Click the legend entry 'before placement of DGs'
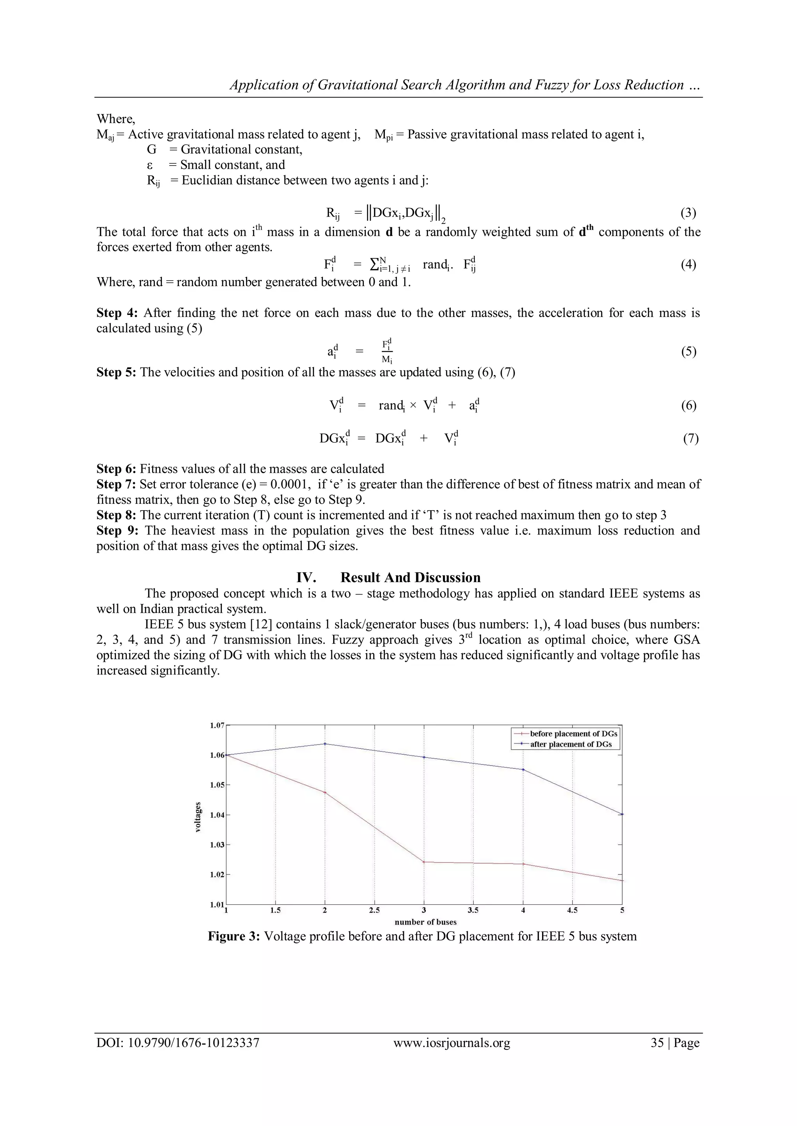[x=573, y=734]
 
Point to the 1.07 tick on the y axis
[x=217, y=725]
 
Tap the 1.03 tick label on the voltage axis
[x=217, y=845]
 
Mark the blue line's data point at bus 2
[x=325, y=744]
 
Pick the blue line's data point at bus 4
[x=523, y=769]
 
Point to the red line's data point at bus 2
[x=325, y=792]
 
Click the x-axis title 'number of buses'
[x=425, y=922]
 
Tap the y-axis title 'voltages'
[x=198, y=817]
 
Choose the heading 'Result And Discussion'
[x=410, y=577]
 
